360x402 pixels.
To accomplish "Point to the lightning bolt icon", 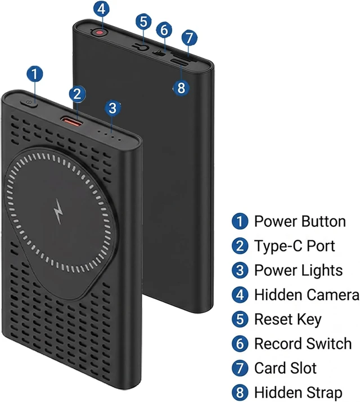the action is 58,211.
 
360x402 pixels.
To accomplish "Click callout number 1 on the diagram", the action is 35,74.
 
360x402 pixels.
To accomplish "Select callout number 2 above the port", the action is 78,94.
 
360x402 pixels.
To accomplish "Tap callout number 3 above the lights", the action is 112,108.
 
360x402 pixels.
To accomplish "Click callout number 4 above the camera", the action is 101,9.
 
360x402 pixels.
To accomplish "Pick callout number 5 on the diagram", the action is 143,21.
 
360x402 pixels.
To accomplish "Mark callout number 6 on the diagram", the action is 164,30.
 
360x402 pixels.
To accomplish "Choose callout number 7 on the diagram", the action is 190,38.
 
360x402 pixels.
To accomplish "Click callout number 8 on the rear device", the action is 181,88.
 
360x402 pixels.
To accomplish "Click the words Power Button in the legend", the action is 300,221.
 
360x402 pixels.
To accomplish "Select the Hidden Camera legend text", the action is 307,294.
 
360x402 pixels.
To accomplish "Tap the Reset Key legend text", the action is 288,319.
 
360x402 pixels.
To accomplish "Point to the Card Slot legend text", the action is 285,368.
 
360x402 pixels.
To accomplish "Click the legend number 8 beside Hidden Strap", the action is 240,392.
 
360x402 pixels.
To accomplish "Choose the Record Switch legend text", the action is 303,343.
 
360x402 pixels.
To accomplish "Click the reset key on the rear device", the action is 141,47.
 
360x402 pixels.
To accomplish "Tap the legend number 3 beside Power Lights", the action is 240,270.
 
